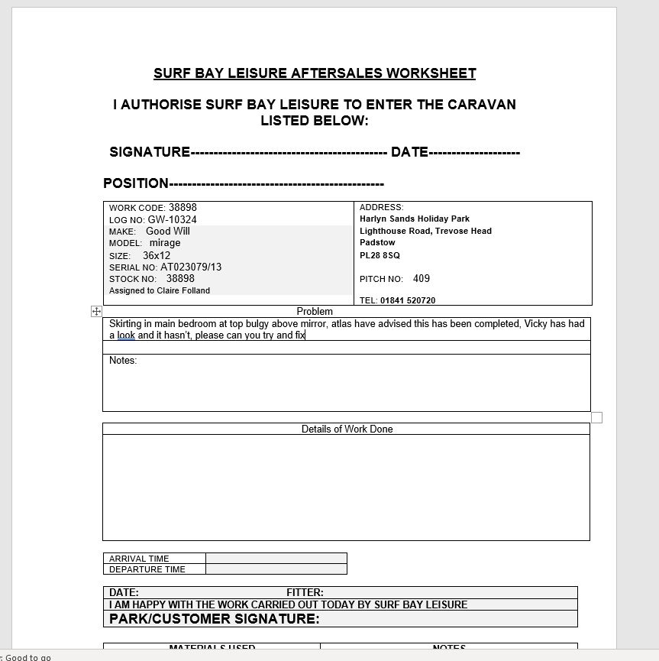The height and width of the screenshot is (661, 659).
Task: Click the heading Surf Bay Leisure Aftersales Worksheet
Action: tap(315, 73)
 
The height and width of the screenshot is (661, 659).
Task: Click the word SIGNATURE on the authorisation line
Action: tap(150, 152)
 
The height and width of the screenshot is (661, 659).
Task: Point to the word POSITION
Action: tap(136, 183)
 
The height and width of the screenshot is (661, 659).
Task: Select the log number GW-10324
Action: tap(172, 219)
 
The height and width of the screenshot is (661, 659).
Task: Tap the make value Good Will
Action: tap(168, 231)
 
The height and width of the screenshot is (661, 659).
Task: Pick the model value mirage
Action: tap(165, 243)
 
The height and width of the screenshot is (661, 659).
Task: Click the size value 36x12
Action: tap(157, 255)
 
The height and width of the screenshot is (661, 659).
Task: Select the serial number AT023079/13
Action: tap(191, 267)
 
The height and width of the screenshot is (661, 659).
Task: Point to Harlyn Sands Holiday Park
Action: tap(415, 219)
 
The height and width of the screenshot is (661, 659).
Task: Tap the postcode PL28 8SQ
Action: tap(380, 255)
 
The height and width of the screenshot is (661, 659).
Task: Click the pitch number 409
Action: tap(422, 279)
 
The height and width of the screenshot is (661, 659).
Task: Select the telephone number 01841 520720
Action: tap(408, 300)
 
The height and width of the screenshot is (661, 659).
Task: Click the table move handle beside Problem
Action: tap(96, 311)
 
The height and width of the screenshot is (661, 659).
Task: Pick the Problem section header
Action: tap(315, 311)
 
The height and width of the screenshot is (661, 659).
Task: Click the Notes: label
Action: tap(123, 360)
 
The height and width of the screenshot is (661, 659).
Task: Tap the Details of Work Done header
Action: tap(347, 429)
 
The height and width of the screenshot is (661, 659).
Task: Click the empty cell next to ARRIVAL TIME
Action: tap(276, 559)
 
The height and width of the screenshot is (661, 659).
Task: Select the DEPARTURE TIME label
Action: tap(147, 569)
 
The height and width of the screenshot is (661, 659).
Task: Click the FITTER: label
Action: tap(305, 592)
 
